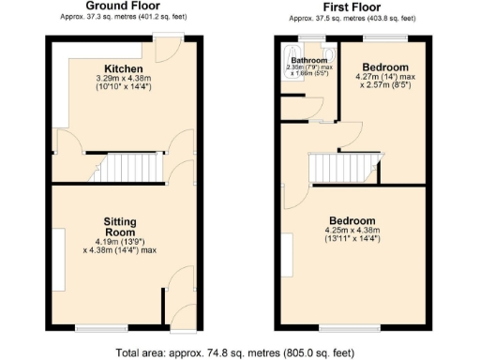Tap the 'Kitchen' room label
(x=124, y=69)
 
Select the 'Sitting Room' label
(x=120, y=226)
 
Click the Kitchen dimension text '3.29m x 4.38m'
(x=124, y=79)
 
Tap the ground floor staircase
(x=127, y=169)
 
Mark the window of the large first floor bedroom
(x=357, y=327)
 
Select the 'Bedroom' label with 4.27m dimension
(x=386, y=67)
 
